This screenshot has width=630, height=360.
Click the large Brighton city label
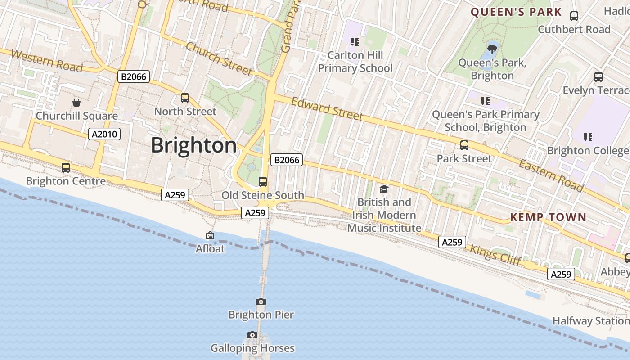coord(193,145)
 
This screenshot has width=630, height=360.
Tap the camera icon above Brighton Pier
coord(261,301)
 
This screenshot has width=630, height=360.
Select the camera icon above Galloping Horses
coord(252,335)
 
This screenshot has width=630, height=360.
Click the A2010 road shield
coord(104,134)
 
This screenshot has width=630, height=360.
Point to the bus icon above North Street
coord(184,98)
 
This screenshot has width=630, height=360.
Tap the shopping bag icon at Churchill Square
coord(76,103)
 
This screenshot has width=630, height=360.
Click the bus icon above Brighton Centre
coord(66,168)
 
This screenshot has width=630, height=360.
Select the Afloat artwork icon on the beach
coord(210,235)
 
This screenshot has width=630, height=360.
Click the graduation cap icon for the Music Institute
coord(384,189)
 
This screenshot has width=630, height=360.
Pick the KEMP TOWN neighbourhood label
coord(548,217)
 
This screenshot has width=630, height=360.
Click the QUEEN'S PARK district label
coord(516,12)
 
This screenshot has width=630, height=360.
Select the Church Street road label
coord(219,58)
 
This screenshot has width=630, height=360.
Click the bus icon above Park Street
coord(464,145)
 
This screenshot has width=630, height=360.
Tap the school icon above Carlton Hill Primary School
coord(355,42)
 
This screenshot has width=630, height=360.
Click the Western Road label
coord(47,61)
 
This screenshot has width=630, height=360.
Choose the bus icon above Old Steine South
coord(263,182)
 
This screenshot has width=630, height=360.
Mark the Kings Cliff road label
coord(495,255)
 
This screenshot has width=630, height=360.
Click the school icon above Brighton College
coord(588,137)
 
